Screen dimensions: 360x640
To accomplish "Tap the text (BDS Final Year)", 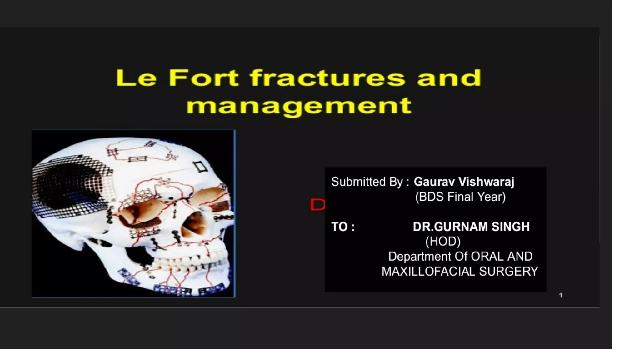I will (x=460, y=197).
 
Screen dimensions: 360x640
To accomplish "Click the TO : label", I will (x=343, y=227).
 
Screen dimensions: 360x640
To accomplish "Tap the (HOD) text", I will (x=443, y=242).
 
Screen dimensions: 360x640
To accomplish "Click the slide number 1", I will (x=561, y=295).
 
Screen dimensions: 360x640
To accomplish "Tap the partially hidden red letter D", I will (x=317, y=205).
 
